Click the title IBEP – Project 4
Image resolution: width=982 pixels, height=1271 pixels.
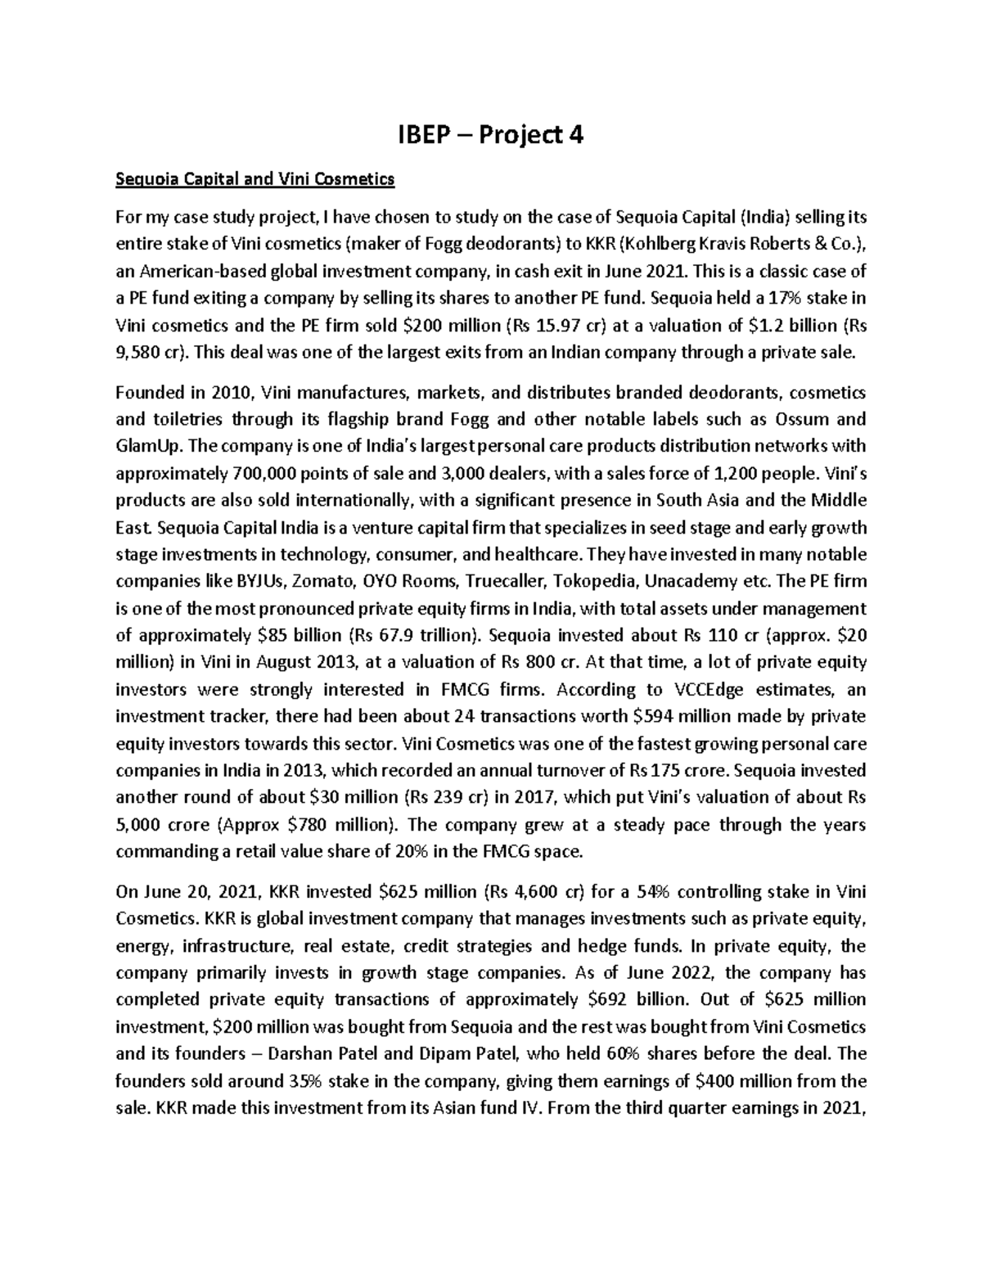[490, 135]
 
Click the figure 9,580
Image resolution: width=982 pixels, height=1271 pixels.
[139, 352]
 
